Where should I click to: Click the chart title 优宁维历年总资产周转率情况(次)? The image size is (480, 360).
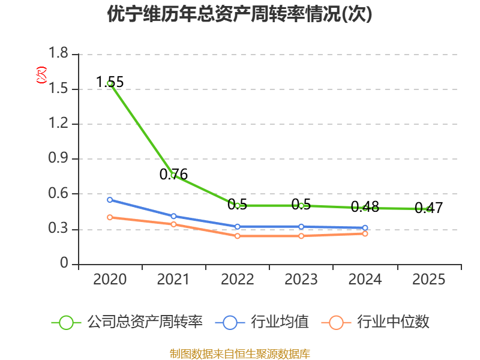tap(239, 14)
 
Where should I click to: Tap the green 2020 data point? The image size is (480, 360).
tap(110, 83)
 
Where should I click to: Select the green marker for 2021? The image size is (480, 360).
tap(173, 175)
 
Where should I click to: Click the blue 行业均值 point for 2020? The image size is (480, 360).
tap(110, 200)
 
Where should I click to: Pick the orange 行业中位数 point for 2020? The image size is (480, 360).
tap(110, 217)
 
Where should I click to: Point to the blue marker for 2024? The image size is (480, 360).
tap(365, 228)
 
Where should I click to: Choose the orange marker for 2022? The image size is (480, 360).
tap(238, 236)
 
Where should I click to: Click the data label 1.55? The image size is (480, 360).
tap(110, 82)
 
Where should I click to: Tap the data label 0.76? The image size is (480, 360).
tap(173, 174)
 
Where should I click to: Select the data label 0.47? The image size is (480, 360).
tap(428, 208)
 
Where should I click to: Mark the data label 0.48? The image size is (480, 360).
tap(365, 207)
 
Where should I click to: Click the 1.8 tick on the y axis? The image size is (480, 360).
tap(58, 53)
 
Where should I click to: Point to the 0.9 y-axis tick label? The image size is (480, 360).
tap(58, 158)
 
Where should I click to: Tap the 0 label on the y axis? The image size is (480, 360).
tap(64, 263)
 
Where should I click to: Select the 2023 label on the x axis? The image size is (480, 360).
tap(301, 280)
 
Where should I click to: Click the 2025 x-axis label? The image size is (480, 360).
tap(428, 280)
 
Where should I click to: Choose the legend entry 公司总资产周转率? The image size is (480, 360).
tap(127, 322)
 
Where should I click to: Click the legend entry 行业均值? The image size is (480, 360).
tap(262, 322)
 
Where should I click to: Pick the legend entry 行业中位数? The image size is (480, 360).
tap(376, 322)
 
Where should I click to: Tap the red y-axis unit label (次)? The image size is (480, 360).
tap(41, 75)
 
